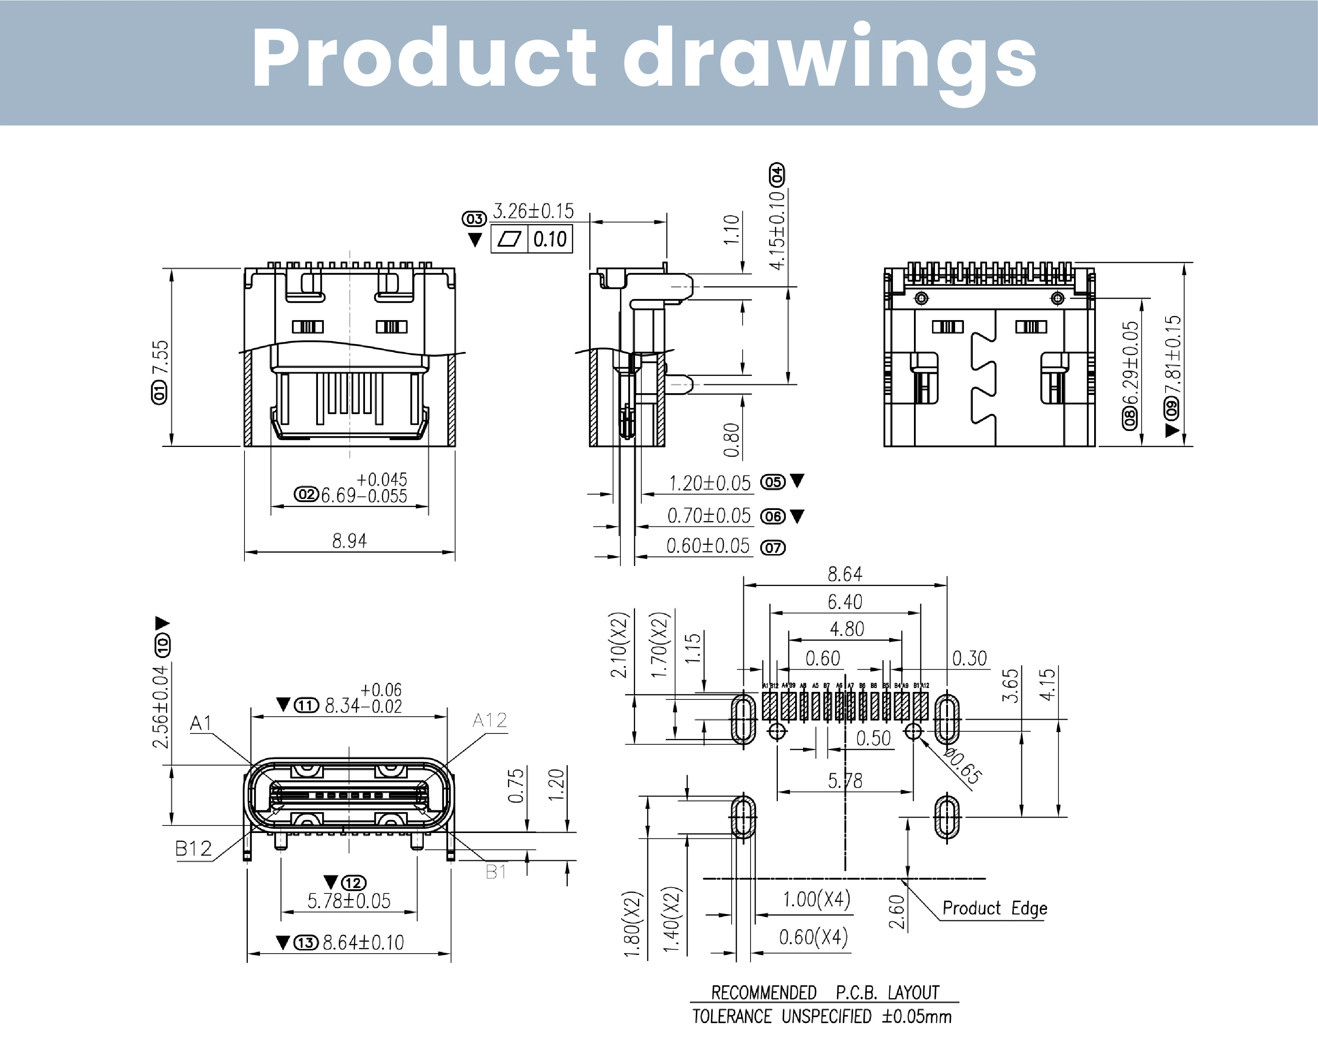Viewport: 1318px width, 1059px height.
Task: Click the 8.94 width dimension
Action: [349, 541]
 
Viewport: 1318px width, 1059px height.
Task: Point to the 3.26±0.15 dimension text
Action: [533, 211]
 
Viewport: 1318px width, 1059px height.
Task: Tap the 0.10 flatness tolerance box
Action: [549, 239]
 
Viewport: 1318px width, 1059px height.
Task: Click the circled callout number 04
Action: [776, 175]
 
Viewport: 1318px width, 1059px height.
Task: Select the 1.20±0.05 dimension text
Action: [709, 483]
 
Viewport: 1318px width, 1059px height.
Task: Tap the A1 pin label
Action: [200, 723]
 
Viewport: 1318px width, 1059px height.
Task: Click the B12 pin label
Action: [193, 849]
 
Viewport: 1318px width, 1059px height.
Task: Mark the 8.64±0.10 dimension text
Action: [363, 942]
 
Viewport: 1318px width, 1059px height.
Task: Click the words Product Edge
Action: [995, 908]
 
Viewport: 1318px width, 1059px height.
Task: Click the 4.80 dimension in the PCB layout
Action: [847, 628]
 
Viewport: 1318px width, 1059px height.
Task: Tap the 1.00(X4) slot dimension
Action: [817, 899]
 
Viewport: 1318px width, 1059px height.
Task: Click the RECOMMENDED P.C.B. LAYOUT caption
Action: [824, 992]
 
